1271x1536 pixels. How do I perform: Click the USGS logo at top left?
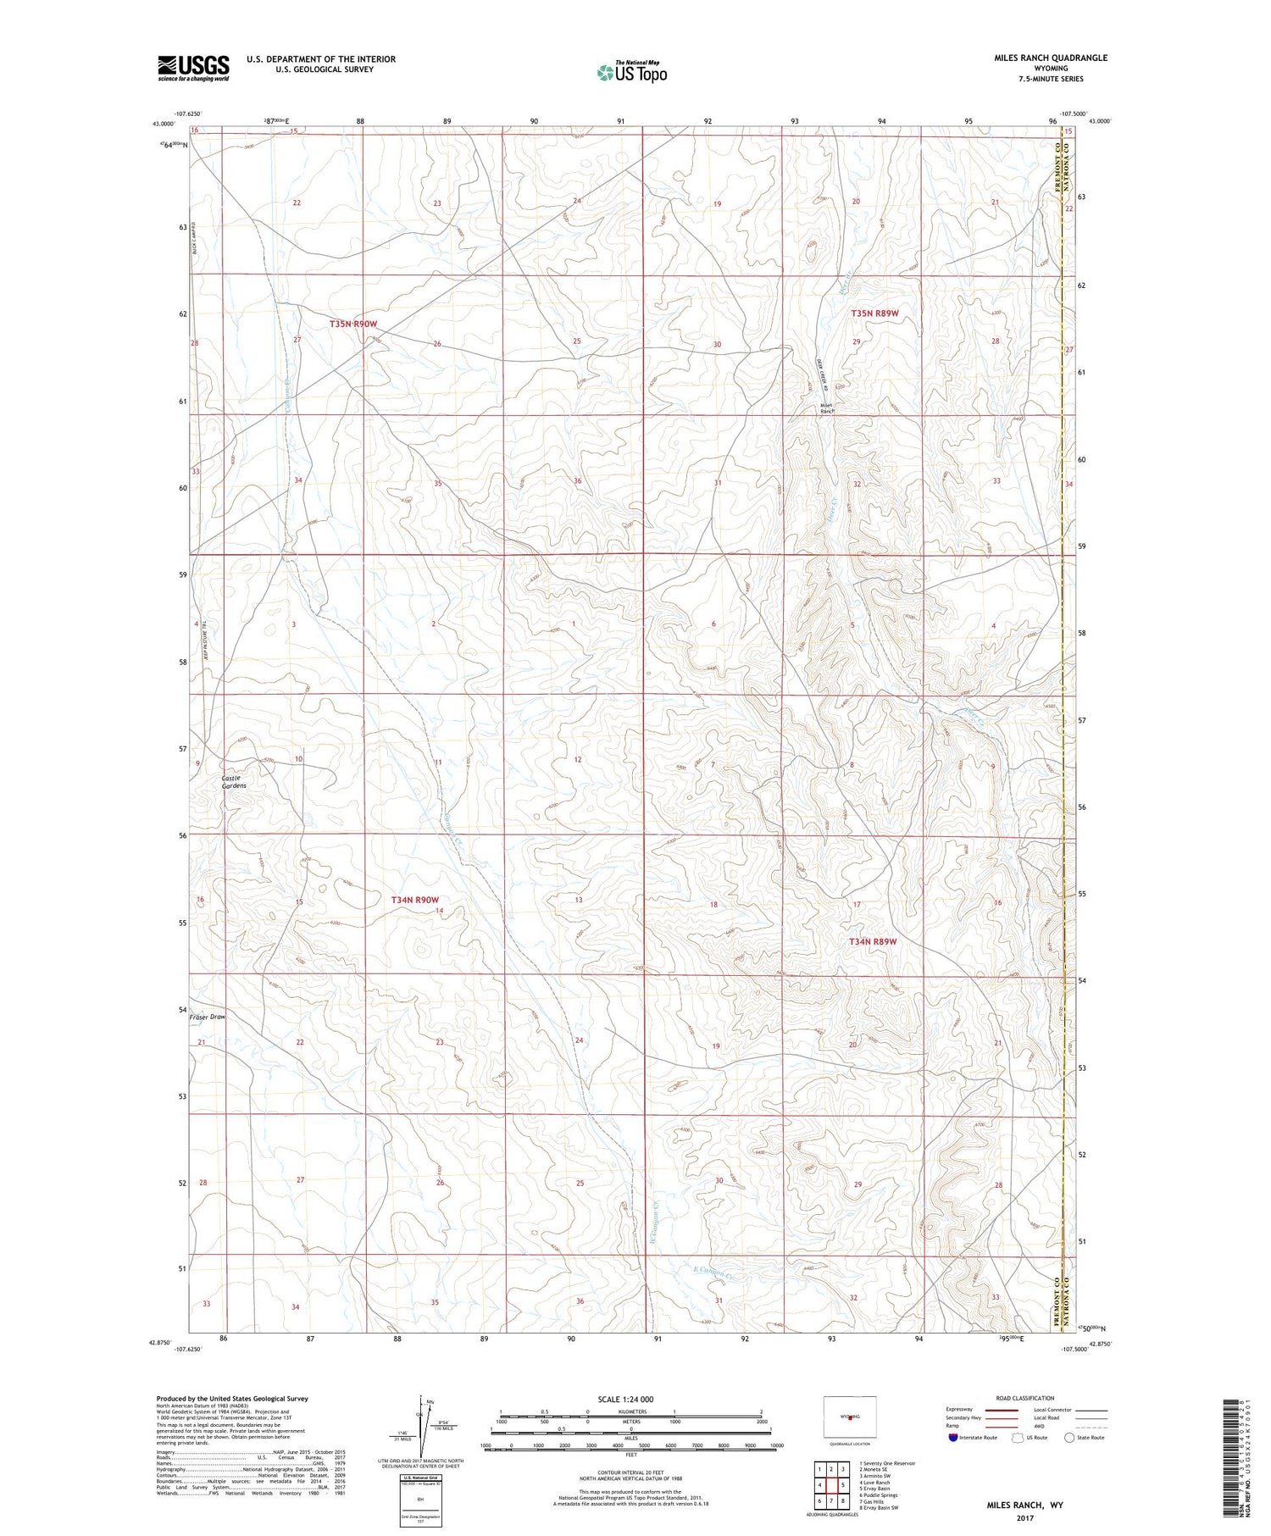193,68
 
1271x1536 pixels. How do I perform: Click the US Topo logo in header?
631,73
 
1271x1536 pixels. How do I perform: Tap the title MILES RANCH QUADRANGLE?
1051,58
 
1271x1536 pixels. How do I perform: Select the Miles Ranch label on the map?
828,408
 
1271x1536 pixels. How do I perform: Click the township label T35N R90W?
353,324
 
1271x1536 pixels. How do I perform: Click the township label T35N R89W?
874,313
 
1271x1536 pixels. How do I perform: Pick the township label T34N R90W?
415,900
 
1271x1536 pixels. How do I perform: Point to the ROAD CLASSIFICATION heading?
1025,1398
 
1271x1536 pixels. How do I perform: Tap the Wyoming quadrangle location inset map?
849,1417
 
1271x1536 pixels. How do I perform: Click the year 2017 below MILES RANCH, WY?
1024,1518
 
